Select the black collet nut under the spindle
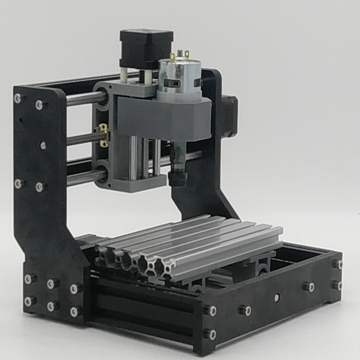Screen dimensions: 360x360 click(x=177, y=177)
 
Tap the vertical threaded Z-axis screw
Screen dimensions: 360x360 click(x=145, y=157)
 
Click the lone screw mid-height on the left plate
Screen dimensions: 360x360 click(x=43, y=145)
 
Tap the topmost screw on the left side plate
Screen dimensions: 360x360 click(x=18, y=98)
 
